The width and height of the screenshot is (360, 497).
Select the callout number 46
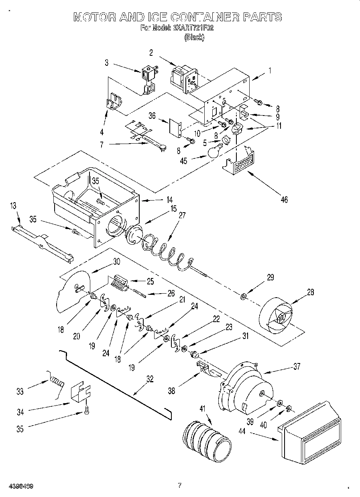point(284,199)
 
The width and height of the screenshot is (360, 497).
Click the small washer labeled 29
point(243,297)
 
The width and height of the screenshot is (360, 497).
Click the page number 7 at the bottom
point(180,485)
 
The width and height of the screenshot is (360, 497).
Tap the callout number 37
point(297,365)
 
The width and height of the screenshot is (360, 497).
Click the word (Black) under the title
point(194,37)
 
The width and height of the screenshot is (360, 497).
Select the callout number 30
point(116,262)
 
